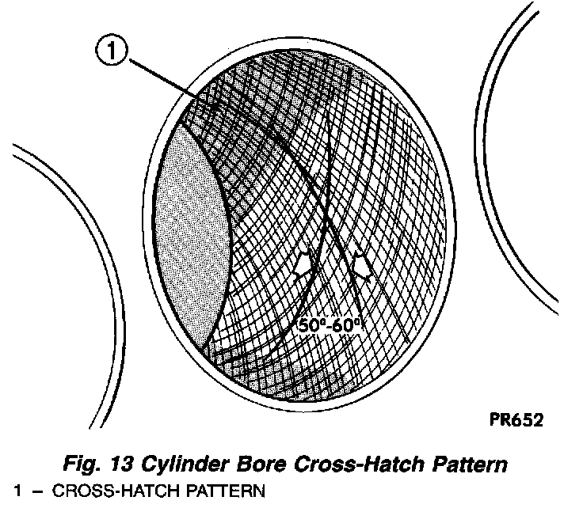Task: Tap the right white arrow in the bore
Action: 362,264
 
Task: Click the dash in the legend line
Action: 36,493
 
